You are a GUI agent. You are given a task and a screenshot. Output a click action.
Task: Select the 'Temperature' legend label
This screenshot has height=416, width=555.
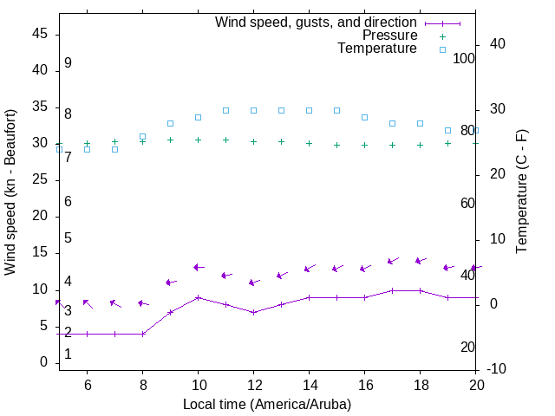pos(377,49)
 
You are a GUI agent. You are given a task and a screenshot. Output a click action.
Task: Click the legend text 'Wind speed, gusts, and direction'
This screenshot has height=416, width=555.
pos(316,23)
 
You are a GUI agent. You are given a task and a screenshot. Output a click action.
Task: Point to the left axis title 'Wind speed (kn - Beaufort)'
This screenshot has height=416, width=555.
pos(10,192)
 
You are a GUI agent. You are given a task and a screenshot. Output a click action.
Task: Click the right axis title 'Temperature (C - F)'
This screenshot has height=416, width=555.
pos(522,192)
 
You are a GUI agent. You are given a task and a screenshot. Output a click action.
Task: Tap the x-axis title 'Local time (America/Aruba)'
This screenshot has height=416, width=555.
pos(267,404)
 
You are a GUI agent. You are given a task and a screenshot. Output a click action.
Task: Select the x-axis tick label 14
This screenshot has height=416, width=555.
pos(309,384)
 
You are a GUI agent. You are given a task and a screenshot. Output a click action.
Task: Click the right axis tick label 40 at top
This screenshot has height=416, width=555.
pos(498,44)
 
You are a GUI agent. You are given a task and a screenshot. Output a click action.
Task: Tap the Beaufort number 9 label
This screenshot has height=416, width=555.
pos(68,63)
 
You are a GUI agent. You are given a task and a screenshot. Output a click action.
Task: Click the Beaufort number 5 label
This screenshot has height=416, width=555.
pos(68,238)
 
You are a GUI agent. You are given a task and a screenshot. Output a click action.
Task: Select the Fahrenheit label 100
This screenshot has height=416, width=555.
pos(464,58)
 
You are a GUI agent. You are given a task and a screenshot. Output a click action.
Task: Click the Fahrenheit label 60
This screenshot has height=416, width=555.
pos(467,203)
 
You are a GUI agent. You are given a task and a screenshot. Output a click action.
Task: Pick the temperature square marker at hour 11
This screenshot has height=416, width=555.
pos(225,110)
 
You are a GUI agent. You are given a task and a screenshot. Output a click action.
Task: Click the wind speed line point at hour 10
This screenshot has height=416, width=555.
pos(198,297)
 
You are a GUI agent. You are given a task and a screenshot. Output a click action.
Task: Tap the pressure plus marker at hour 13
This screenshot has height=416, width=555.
pos(281,141)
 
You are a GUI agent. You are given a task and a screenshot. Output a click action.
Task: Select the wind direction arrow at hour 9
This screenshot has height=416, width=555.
pos(171,282)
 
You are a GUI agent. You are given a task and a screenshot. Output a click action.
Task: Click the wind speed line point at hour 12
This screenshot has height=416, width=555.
pos(253,312)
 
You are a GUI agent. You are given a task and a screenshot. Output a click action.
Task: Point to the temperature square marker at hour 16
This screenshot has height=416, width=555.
pos(364,117)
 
